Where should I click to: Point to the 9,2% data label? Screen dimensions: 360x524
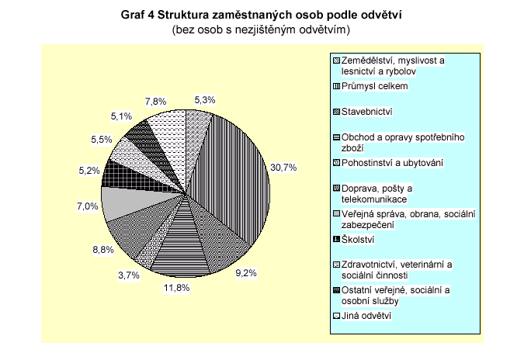246,273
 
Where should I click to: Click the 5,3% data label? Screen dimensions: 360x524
204,99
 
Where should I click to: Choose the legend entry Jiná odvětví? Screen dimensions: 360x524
367,316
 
